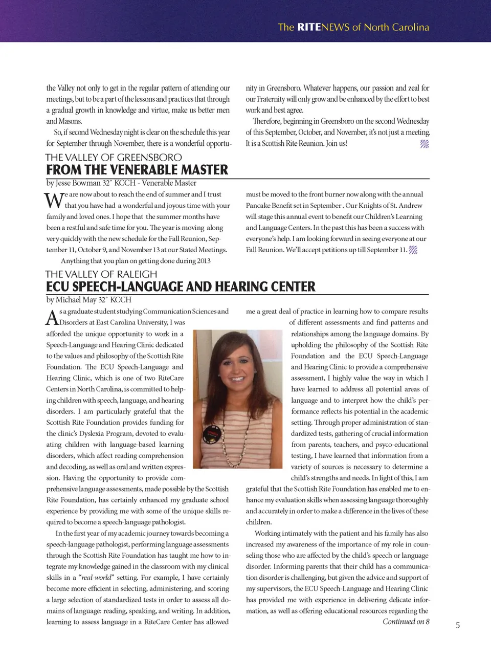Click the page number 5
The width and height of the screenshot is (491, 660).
458,625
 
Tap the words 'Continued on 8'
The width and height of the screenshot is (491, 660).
406,622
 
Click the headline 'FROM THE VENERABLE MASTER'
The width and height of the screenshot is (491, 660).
137,170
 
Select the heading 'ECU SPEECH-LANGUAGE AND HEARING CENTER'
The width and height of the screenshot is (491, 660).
181,287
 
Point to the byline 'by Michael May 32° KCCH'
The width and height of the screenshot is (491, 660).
88,300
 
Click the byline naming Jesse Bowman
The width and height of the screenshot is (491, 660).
121,183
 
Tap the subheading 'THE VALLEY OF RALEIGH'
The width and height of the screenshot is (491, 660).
101,274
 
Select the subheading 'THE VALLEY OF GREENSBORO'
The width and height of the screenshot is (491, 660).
113,158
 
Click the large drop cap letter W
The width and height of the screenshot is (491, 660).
54,201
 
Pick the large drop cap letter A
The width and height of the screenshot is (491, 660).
52,318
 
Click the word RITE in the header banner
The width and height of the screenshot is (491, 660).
309,27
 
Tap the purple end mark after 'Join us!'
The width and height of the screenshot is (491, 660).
425,144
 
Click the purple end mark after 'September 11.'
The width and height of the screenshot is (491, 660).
413,250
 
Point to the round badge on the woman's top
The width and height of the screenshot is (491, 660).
211,435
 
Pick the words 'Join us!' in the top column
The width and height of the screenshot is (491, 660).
336,144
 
